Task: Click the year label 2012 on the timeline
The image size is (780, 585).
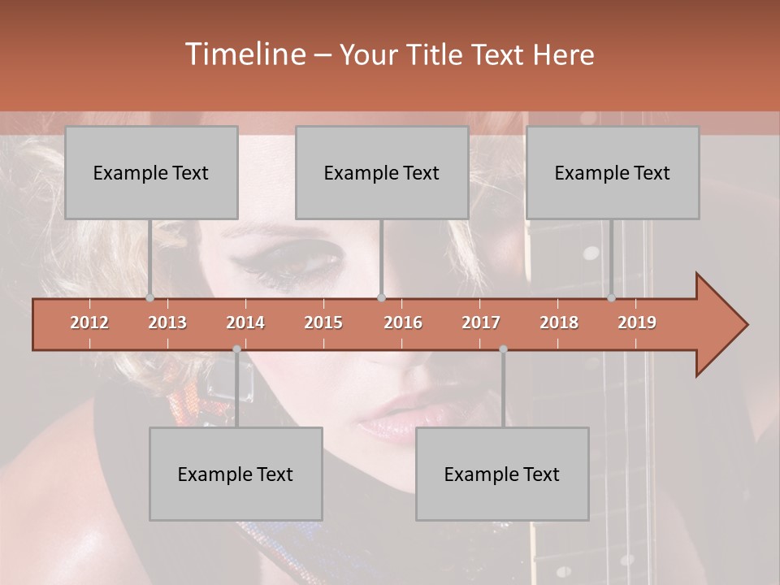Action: tap(89, 323)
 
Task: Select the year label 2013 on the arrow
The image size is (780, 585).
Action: tap(167, 323)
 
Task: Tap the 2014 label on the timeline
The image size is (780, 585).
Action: tap(245, 323)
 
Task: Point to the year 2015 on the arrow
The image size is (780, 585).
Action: tap(323, 323)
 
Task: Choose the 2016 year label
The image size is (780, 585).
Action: tap(403, 323)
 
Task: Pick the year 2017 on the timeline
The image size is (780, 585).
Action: tap(481, 323)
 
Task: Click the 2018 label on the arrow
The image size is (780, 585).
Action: tap(559, 323)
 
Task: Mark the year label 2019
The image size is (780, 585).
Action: tap(637, 323)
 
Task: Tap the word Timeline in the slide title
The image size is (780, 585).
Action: tap(244, 54)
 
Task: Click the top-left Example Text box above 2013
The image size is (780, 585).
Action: tap(151, 172)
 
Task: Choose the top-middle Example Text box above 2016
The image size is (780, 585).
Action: tap(382, 172)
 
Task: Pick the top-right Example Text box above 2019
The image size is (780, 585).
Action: tap(613, 172)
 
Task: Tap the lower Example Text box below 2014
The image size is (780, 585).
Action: tap(236, 474)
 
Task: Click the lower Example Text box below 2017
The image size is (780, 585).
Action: tap(502, 474)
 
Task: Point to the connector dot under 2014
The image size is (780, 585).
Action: tap(236, 349)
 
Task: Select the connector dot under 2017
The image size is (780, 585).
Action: tap(503, 349)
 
